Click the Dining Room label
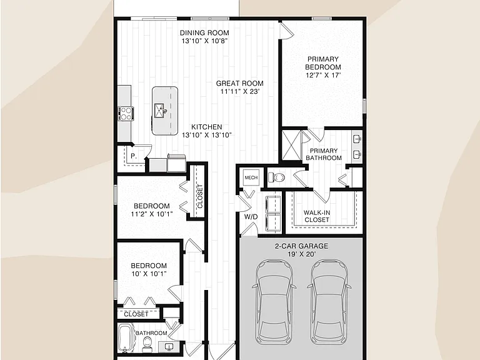pos(204,32)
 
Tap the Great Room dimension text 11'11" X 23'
pos(240,91)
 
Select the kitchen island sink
pos(160,111)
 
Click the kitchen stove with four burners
pos(126,113)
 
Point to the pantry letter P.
pos(134,156)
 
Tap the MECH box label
pos(251,177)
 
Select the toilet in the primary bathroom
pos(276,177)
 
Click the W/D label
pos(251,217)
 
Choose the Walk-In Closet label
pos(317,216)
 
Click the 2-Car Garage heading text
pos(301,246)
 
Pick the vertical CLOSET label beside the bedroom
pos(200,196)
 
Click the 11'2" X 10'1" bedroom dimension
pos(152,214)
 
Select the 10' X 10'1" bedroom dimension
pos(149,274)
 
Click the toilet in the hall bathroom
pos(147,344)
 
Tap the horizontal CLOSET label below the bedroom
pos(136,314)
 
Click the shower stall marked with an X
pos(291,145)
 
